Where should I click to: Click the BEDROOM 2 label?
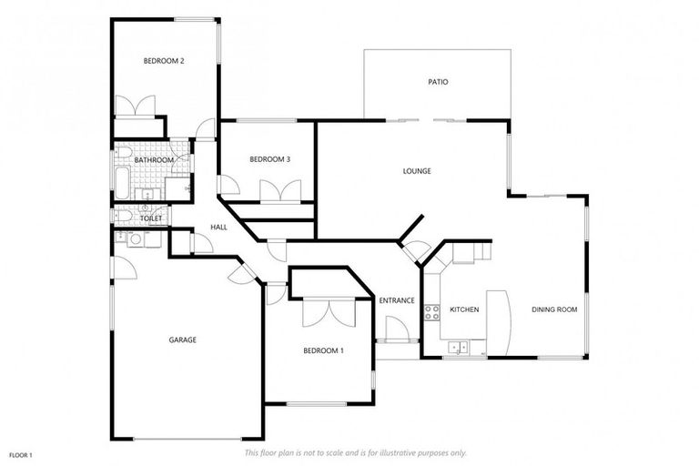[164, 61]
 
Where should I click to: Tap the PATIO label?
[438, 82]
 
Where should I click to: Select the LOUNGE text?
[417, 170]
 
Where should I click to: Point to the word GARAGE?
[182, 339]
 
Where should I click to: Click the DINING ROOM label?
[554, 309]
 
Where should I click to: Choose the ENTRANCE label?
[397, 300]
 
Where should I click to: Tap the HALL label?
[218, 227]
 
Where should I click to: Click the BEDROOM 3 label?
[269, 159]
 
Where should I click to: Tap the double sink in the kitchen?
[458, 346]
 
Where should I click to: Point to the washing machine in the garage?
[135, 239]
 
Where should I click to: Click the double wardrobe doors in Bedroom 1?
[326, 311]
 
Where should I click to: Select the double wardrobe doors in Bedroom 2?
[137, 106]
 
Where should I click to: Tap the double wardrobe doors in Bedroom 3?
[280, 191]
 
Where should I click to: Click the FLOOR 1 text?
[20, 454]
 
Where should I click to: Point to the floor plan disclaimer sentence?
[355, 452]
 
